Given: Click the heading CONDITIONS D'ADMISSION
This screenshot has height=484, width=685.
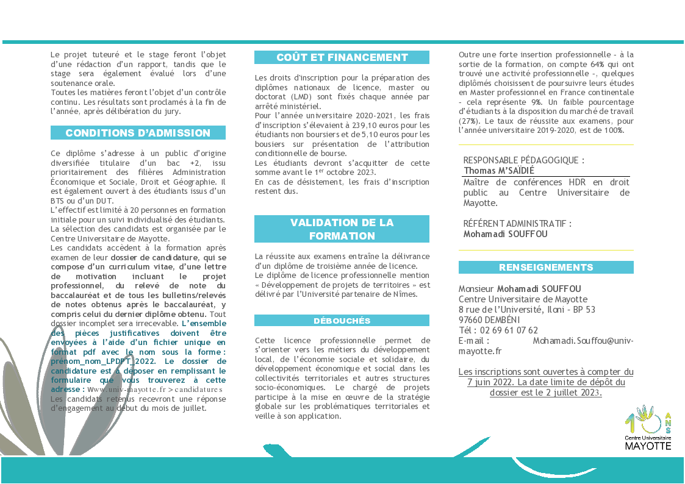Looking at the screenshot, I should click(x=138, y=133).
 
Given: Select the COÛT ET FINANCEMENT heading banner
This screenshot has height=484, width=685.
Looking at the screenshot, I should click(x=342, y=57).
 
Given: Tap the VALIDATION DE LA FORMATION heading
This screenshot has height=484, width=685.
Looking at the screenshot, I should click(x=342, y=229).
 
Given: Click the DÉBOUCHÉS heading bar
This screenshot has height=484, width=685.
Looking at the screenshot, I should click(x=342, y=321).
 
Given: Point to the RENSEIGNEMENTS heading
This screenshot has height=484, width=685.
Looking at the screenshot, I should click(x=546, y=268).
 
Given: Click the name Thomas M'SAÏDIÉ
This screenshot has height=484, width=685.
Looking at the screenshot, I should click(x=499, y=171).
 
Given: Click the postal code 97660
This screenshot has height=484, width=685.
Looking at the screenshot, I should click(x=471, y=320).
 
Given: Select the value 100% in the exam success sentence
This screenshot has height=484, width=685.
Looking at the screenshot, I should click(x=612, y=130).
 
